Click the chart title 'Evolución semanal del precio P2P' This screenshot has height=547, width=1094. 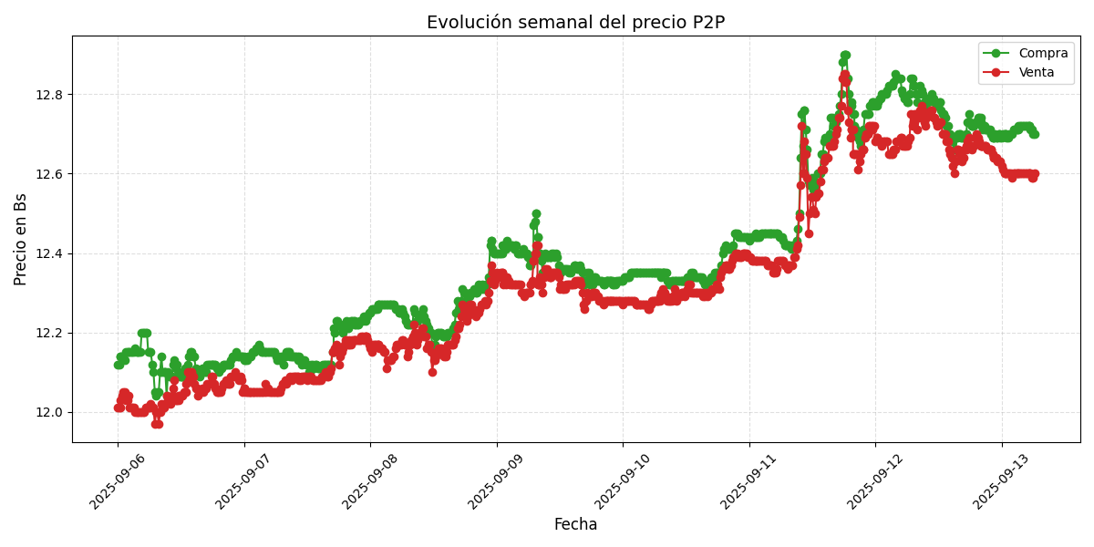tap(575, 23)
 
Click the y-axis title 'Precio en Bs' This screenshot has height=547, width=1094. tap(21, 239)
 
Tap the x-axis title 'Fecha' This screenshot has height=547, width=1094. tap(575, 525)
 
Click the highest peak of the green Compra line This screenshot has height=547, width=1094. tap(845, 56)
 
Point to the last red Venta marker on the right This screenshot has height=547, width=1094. tap(1034, 174)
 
